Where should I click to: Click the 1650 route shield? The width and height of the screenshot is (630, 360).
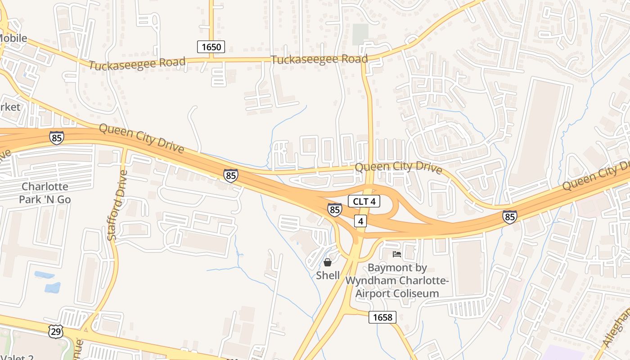pos(211,47)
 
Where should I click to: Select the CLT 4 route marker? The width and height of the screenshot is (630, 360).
pos(364,202)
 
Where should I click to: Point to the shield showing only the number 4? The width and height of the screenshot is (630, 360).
pos(360,221)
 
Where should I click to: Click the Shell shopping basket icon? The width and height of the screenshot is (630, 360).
pos(328,262)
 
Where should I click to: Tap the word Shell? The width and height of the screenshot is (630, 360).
pos(328,275)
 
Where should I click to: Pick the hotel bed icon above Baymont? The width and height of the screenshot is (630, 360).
pos(396,255)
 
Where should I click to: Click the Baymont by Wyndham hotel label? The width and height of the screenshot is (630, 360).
pos(397,281)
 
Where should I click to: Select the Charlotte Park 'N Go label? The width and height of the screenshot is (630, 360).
pos(45,193)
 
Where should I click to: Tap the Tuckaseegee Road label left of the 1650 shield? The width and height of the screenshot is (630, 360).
pos(137,63)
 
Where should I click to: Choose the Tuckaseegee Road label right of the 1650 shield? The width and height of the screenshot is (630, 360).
pos(319,59)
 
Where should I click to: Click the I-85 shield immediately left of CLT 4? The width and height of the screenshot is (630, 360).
pos(334,210)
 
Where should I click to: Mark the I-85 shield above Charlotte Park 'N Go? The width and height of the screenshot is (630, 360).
pos(57,138)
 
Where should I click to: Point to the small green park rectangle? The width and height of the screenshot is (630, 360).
pos(360,34)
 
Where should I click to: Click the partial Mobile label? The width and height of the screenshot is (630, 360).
pos(13,39)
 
